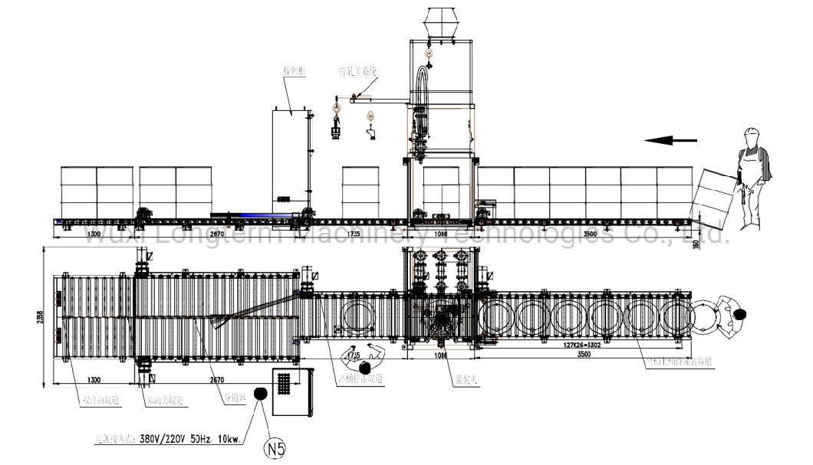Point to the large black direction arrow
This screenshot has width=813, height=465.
pos(670,140)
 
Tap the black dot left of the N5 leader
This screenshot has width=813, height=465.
pos(259,394)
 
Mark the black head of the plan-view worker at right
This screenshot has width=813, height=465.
pos(740,313)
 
